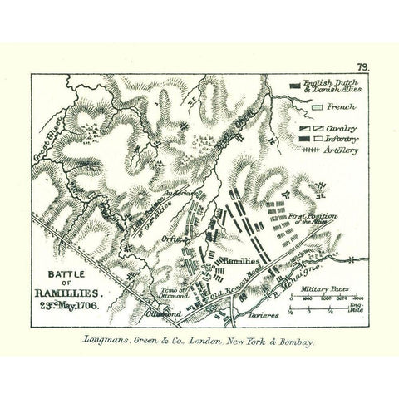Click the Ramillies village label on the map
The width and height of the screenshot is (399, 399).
pyautogui.click(x=243, y=261)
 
